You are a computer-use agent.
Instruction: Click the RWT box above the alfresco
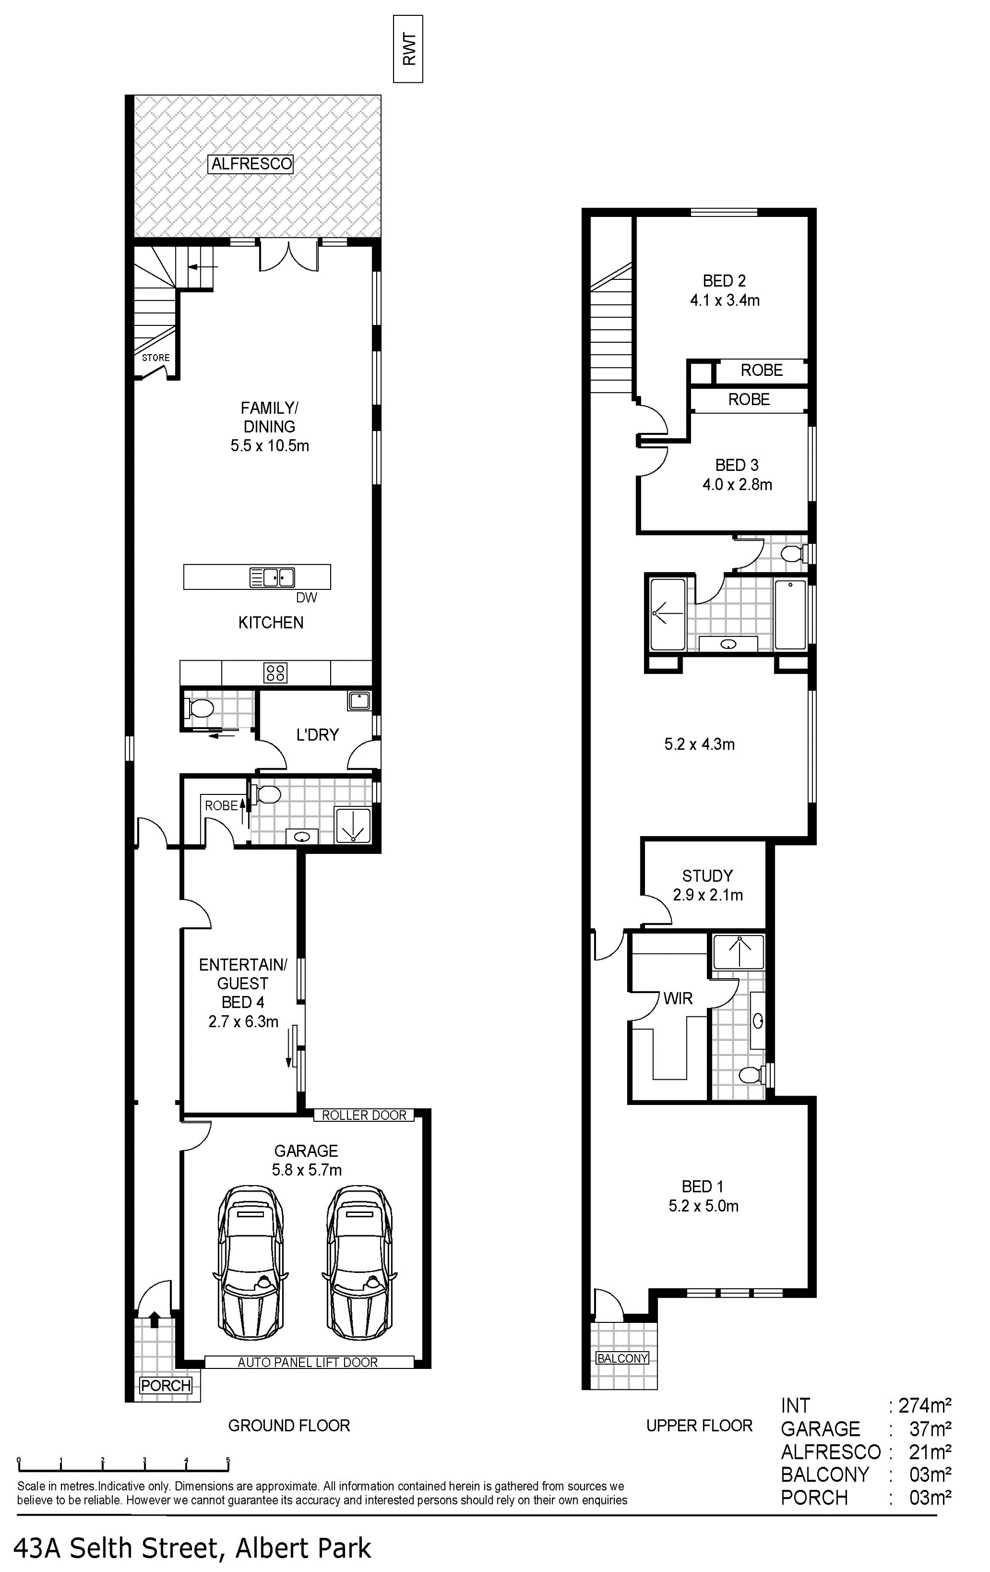click(408, 49)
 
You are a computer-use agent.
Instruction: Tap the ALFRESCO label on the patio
click(251, 164)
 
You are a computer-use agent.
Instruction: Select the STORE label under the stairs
click(156, 358)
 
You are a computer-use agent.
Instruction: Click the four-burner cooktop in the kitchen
click(275, 673)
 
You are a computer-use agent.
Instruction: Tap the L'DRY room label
click(317, 735)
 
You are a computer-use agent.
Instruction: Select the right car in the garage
click(359, 1263)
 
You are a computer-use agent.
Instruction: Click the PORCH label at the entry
click(166, 1385)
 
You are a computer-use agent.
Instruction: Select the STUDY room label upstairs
click(707, 876)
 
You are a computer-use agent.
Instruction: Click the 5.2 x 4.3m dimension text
click(699, 744)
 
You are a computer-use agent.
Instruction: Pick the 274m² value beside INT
click(925, 1406)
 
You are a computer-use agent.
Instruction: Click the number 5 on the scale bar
click(228, 1460)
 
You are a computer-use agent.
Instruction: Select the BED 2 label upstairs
click(724, 281)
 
